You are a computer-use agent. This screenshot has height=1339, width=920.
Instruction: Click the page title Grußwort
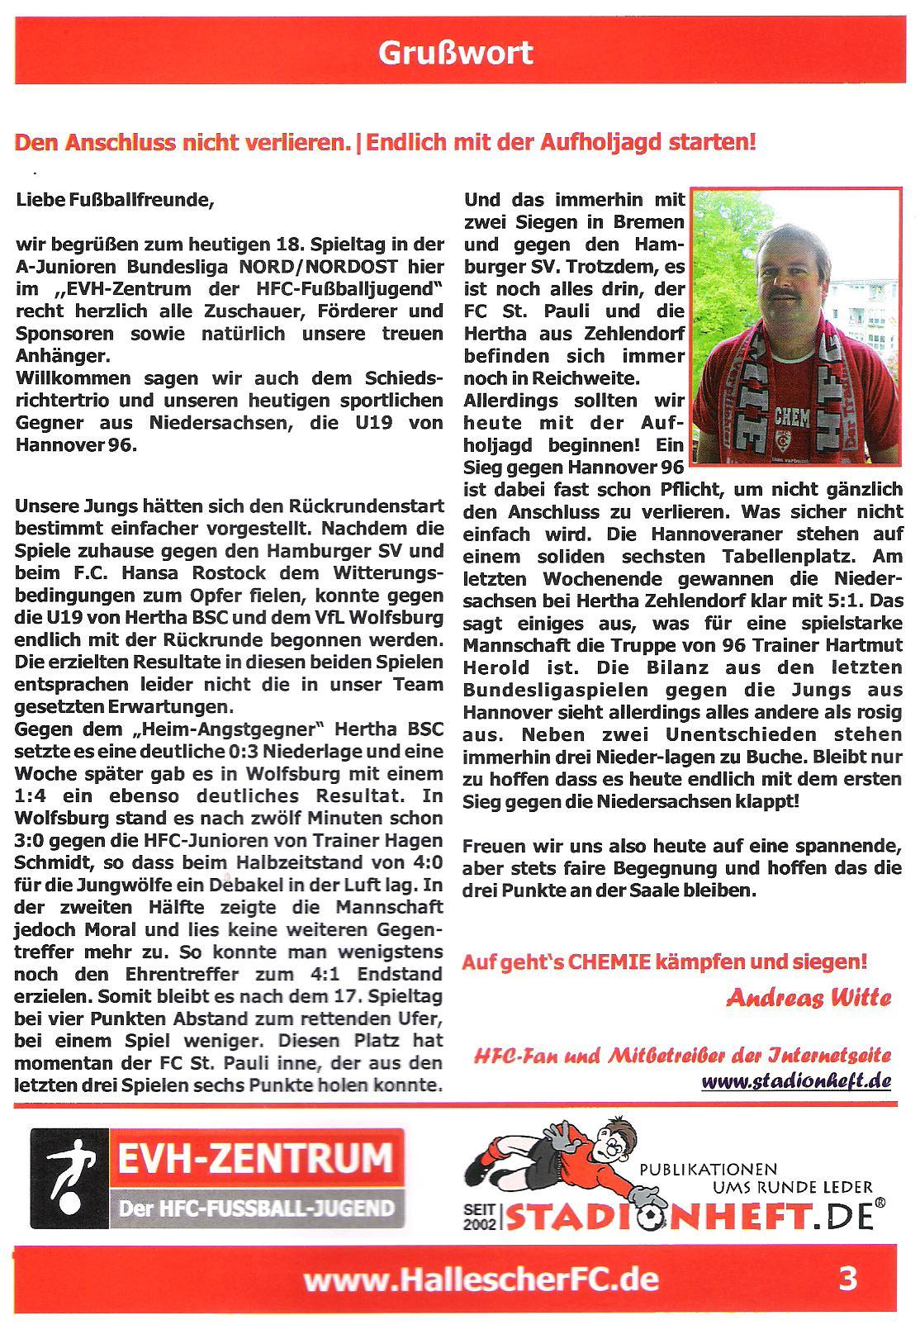click(455, 52)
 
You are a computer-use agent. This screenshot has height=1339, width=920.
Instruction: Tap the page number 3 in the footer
click(847, 1280)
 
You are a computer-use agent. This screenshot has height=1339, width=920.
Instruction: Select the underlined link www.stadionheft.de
click(796, 1080)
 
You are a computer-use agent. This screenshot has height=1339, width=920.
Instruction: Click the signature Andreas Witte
click(809, 998)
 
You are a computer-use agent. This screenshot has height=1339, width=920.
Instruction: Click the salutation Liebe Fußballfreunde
click(115, 200)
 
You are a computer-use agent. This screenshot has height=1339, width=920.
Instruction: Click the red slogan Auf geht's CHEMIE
click(664, 962)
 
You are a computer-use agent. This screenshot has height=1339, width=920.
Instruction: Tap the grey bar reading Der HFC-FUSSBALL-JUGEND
click(256, 1208)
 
